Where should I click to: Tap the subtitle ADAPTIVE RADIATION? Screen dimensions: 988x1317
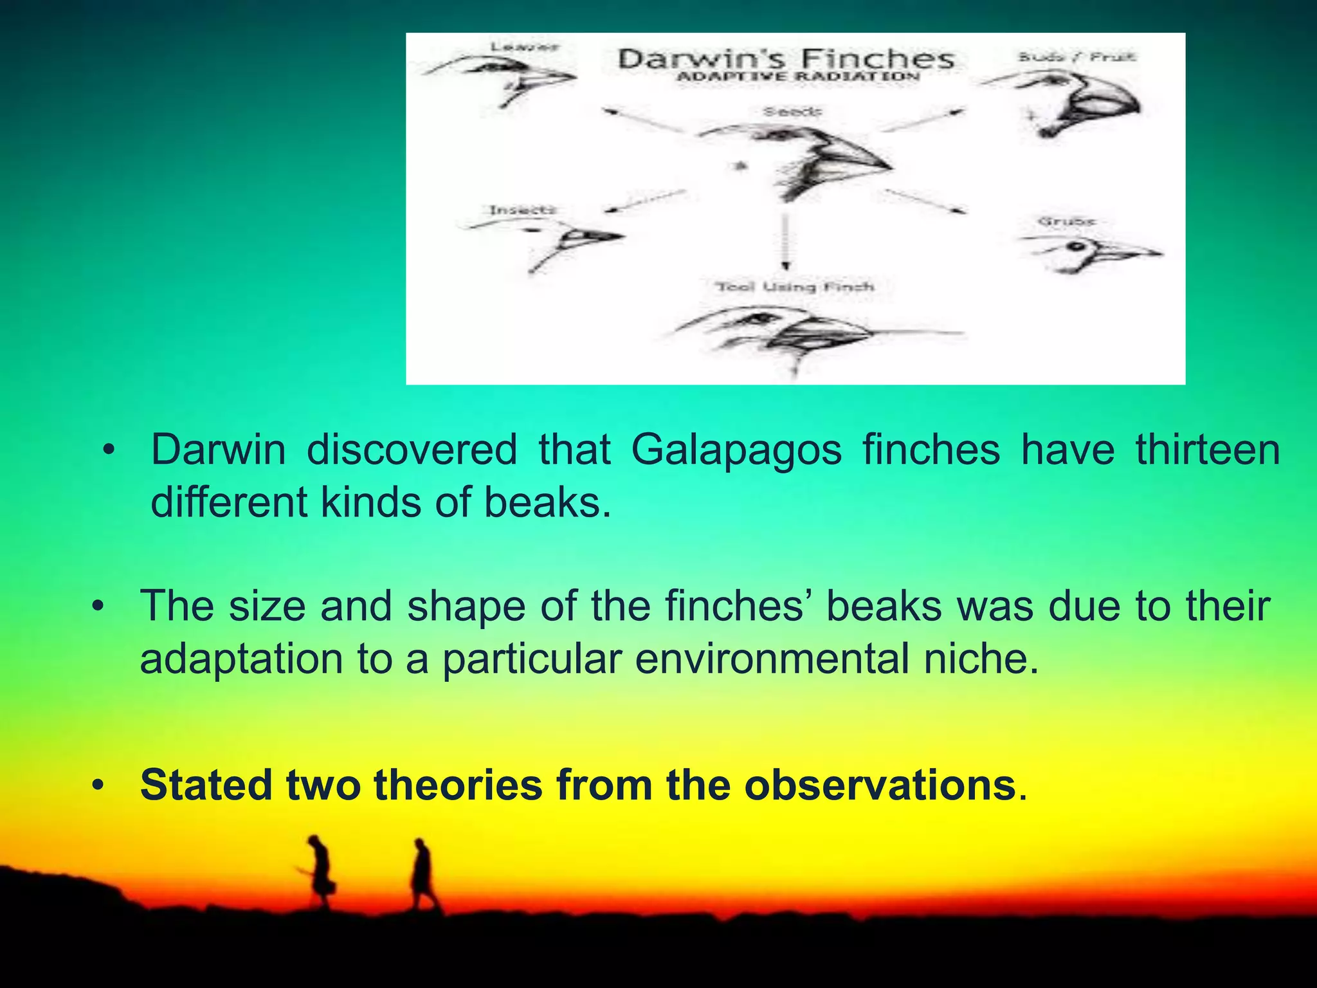click(798, 77)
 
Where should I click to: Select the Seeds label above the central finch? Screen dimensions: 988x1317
click(792, 112)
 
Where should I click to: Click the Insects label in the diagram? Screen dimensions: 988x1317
click(522, 210)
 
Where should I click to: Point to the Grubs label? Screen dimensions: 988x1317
click(1066, 221)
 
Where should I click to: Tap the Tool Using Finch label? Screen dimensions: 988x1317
click(795, 287)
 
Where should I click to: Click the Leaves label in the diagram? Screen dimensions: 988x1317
click(525, 47)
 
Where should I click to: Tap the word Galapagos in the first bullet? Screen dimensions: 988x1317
click(736, 450)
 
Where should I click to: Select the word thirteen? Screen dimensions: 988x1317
click(1207, 450)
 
